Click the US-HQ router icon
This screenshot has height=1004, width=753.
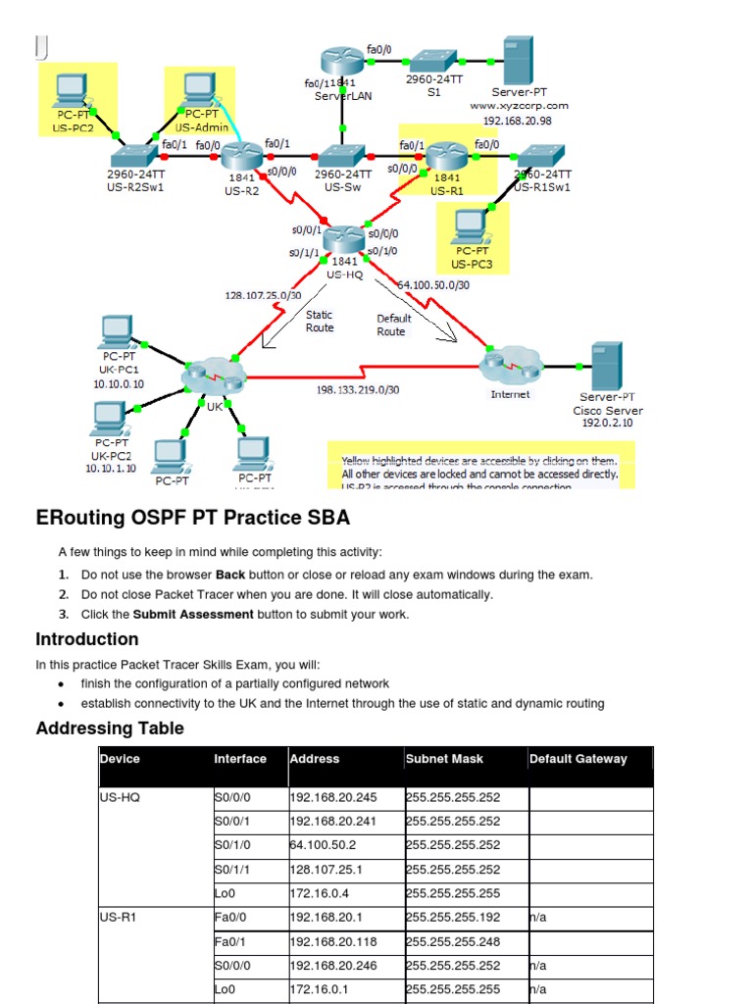point(343,237)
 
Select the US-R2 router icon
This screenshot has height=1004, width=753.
point(238,155)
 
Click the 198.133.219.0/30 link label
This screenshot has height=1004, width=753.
point(358,389)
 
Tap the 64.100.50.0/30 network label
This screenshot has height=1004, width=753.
point(433,285)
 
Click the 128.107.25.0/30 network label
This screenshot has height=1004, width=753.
point(264,294)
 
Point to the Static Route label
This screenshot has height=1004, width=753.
point(320,322)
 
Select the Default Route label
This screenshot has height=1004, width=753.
point(393,325)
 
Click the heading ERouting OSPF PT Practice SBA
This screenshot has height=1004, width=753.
point(192,517)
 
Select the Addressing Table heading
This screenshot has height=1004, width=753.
point(110,728)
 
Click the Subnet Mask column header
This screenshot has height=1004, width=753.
point(444,759)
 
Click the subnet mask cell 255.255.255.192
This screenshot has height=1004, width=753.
point(454,918)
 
